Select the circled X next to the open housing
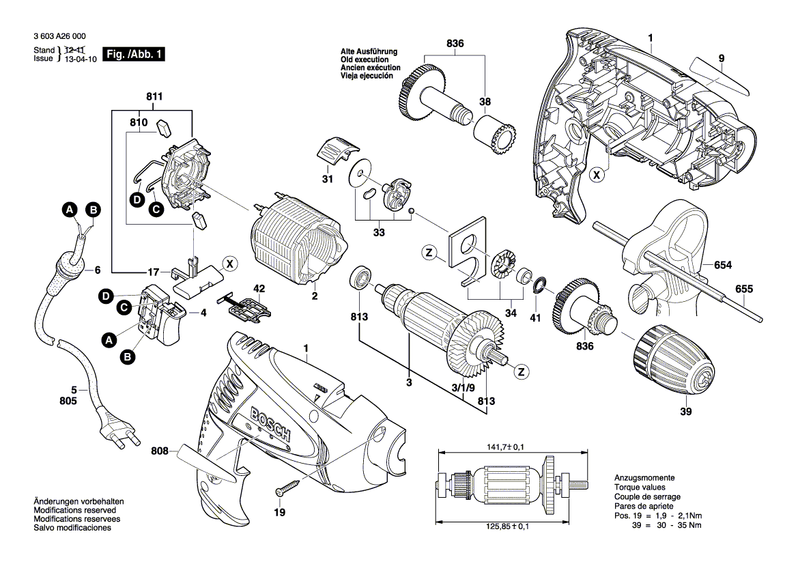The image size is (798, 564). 597,175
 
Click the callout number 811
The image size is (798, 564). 154,97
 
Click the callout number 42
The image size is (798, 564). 259,289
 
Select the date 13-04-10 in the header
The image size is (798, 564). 81,59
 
